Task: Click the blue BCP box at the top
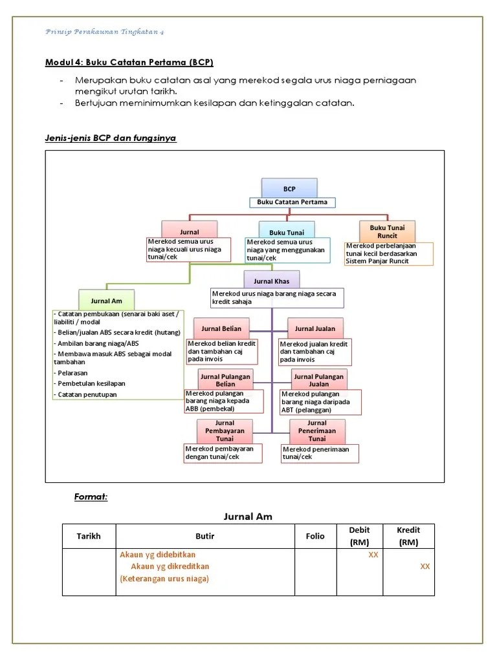[x=289, y=189]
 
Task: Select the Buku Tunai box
[x=287, y=232]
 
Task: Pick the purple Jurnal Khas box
[x=272, y=281]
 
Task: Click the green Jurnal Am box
[x=107, y=301]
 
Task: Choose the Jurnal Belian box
[x=221, y=328]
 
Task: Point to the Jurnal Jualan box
[x=315, y=328]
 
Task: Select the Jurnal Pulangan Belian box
[x=225, y=379]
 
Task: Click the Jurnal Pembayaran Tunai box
[x=225, y=431]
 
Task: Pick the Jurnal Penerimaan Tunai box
[x=317, y=431]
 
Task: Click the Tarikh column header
[x=89, y=537]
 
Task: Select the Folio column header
[x=315, y=537]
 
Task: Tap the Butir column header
[x=204, y=537]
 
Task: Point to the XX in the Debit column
[x=373, y=555]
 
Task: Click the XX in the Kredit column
[x=425, y=566]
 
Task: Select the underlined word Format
[x=91, y=496]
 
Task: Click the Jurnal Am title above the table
[x=248, y=516]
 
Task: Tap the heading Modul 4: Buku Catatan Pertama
[x=129, y=63]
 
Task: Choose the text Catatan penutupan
[x=87, y=394]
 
